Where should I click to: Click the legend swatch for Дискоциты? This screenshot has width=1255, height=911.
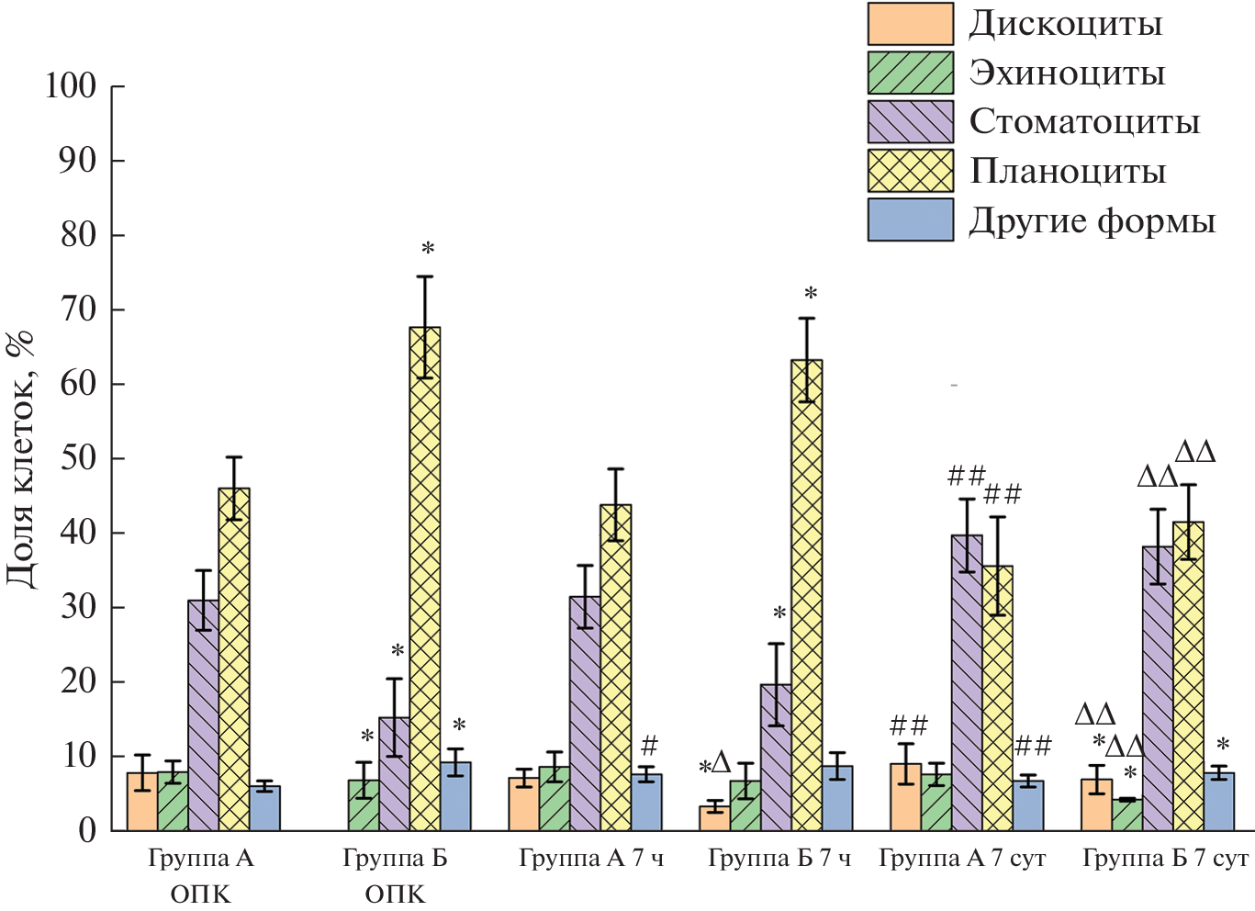[x=910, y=24]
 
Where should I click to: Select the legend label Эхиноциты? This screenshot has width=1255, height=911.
[x=1067, y=73]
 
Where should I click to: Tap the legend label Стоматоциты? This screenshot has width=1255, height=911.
[x=1084, y=121]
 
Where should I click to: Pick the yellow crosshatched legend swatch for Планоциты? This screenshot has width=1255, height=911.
[x=910, y=171]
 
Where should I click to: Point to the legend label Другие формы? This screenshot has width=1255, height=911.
[x=1092, y=220]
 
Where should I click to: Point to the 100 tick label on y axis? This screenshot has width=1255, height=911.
[x=71, y=86]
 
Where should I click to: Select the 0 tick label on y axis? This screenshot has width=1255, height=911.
[x=87, y=830]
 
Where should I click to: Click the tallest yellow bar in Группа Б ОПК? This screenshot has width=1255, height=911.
[x=425, y=579]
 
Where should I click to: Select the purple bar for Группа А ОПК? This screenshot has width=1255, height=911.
[x=203, y=716]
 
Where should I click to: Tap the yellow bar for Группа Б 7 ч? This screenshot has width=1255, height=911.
[x=806, y=597]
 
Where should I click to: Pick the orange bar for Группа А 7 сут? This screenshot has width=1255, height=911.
[x=905, y=797]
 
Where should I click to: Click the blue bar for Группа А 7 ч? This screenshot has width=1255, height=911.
[x=646, y=803]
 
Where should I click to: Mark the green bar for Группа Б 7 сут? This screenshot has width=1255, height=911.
[x=1127, y=815]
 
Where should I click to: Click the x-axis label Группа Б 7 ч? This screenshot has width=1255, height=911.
[x=779, y=859]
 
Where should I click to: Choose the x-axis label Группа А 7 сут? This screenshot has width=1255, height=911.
[x=962, y=859]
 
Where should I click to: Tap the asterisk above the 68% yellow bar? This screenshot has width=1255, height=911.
[x=428, y=249]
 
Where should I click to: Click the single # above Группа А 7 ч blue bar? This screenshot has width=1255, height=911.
[x=650, y=745]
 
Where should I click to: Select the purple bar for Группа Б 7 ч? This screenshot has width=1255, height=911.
[x=776, y=758]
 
